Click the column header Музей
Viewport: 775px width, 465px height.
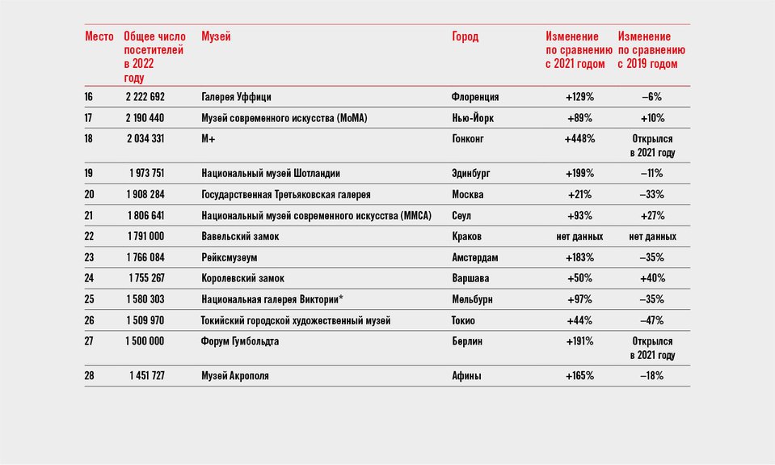216,37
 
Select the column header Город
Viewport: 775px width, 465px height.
465,37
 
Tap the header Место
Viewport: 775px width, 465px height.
99,36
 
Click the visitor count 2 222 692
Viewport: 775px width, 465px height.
145,97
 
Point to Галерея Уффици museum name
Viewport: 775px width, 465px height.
236,97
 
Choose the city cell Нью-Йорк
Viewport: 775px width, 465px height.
473,118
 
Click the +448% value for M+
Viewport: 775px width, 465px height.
579,139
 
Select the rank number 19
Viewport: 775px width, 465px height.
88,173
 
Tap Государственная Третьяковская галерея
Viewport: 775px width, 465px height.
286,194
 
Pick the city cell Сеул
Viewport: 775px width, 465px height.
461,216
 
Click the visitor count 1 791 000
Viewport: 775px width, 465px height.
145,236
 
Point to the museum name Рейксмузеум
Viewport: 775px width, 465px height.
230,258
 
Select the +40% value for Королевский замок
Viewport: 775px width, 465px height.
652,278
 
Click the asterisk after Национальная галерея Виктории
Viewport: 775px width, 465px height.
341,298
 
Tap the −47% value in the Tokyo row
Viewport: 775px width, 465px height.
652,320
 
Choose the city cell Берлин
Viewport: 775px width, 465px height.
467,341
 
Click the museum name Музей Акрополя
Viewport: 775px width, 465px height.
235,376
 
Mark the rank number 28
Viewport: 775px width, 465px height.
89,376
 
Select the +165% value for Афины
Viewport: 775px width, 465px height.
579,376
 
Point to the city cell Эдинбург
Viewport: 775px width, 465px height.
471,174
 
